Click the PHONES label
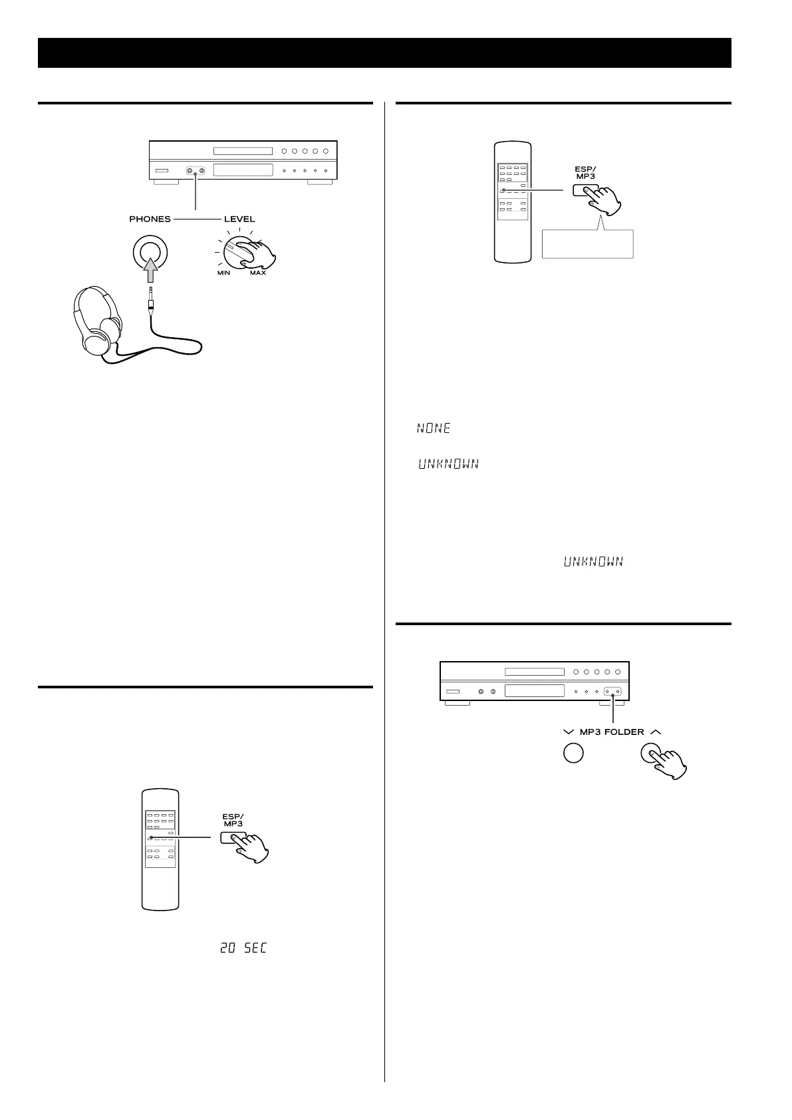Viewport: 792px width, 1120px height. pyautogui.click(x=150, y=219)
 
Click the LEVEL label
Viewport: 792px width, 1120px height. pyautogui.click(x=239, y=219)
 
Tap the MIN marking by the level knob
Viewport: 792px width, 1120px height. pyautogui.click(x=223, y=273)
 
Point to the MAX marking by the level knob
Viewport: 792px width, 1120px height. pyautogui.click(x=258, y=273)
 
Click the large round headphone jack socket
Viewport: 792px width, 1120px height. pyautogui.click(x=150, y=253)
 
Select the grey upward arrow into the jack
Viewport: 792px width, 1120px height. pyautogui.click(x=150, y=269)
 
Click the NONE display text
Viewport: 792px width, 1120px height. pyautogui.click(x=434, y=429)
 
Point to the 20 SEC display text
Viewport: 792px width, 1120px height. pyautogui.click(x=243, y=948)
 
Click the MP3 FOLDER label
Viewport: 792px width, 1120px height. pyautogui.click(x=612, y=732)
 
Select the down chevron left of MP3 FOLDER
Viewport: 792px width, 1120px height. pyautogui.click(x=568, y=732)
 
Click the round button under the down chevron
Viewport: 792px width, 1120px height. pyautogui.click(x=573, y=753)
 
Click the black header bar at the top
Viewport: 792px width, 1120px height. pyautogui.click(x=384, y=53)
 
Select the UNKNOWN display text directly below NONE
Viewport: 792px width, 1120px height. pyautogui.click(x=448, y=464)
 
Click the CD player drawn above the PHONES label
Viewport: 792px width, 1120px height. pyautogui.click(x=243, y=160)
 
